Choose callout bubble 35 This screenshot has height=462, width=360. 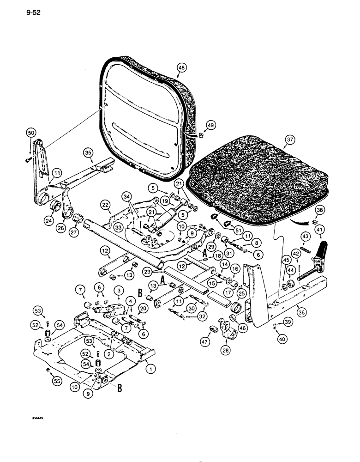click(89, 152)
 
